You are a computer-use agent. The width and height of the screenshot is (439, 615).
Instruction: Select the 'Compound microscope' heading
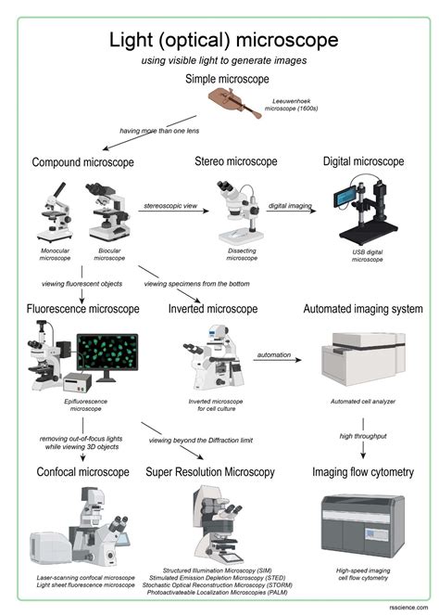(83, 162)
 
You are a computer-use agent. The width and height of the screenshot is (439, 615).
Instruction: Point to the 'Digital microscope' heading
(363, 161)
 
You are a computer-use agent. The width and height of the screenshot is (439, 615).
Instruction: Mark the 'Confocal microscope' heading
(82, 472)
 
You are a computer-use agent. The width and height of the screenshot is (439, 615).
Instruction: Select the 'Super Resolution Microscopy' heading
(210, 472)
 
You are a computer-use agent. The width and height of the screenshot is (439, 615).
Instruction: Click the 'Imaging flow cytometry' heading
(362, 472)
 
